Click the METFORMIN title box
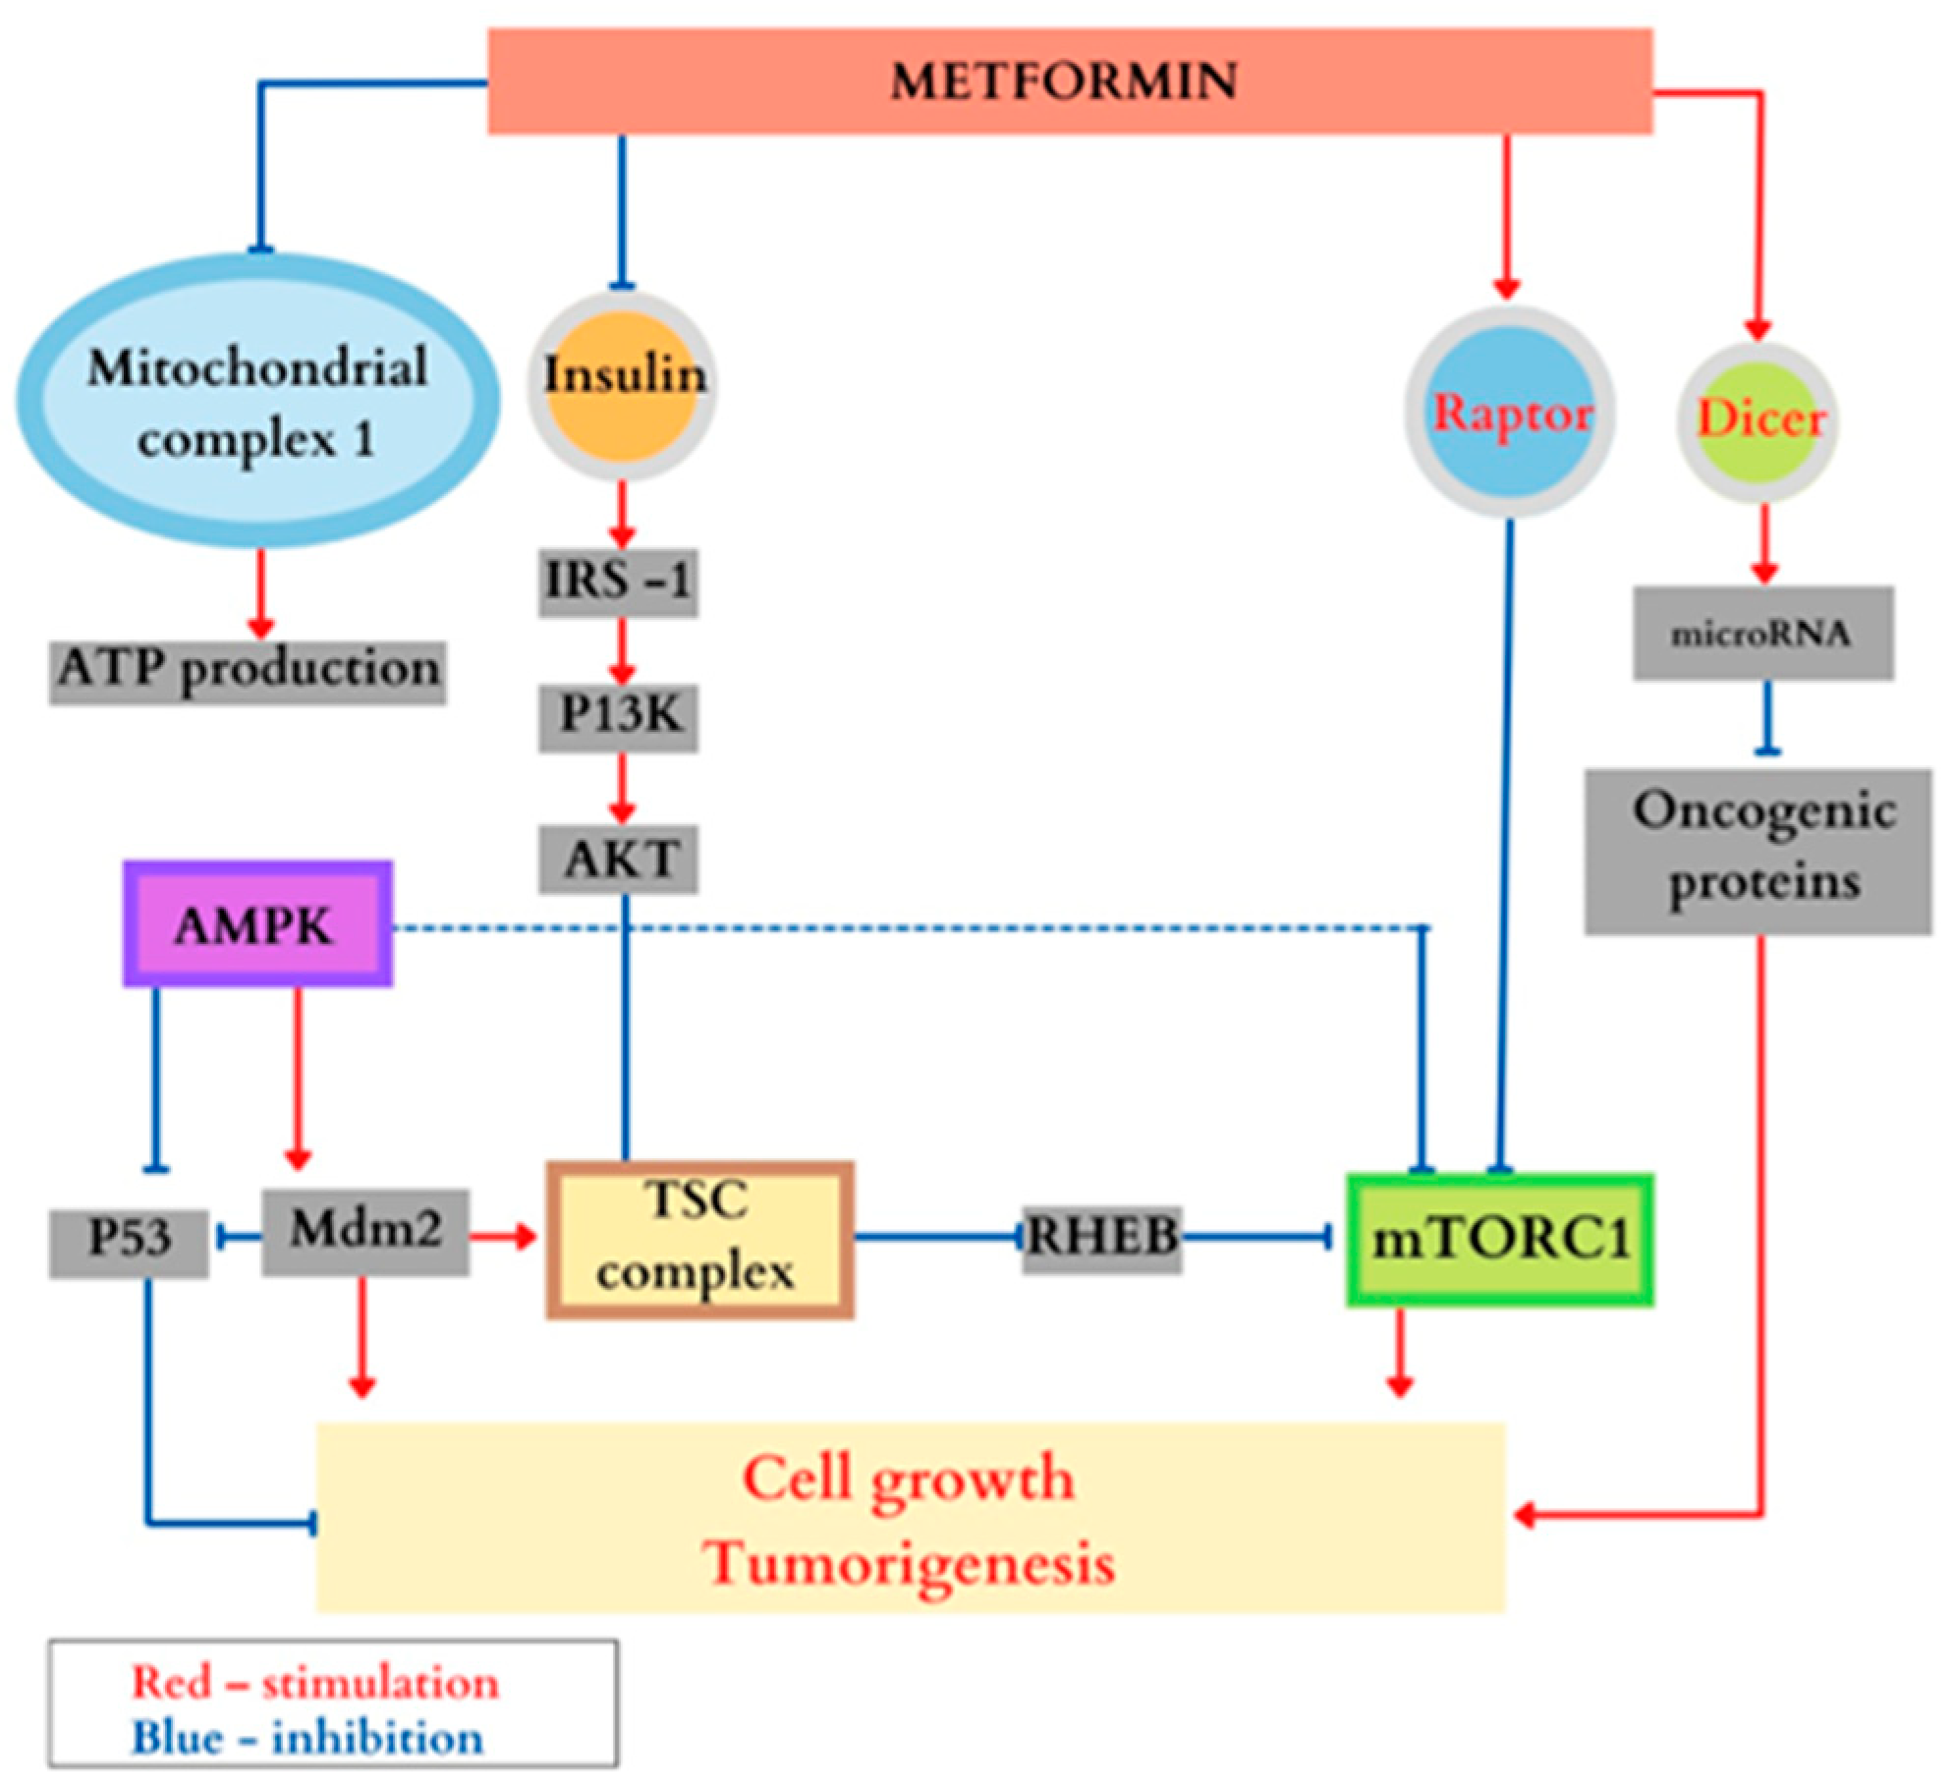pyautogui.click(x=1069, y=82)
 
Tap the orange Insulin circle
pyautogui.click(x=621, y=385)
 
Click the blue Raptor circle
pyautogui.click(x=1509, y=413)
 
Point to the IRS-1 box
pyautogui.click(x=618, y=583)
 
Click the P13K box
pyautogui.click(x=618, y=716)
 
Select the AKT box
pyautogui.click(x=618, y=860)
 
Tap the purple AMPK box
pyautogui.click(x=257, y=924)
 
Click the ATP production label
pyautogui.click(x=248, y=672)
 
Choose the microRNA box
pyautogui.click(x=1762, y=634)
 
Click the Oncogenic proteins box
pyautogui.click(x=1757, y=851)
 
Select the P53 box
pyautogui.click(x=129, y=1243)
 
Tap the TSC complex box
pyautogui.click(x=698, y=1240)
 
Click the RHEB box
pyautogui.click(x=1101, y=1239)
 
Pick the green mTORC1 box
pyautogui.click(x=1499, y=1240)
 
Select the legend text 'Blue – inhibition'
pyautogui.click(x=307, y=1738)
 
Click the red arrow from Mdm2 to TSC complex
pyautogui.click(x=502, y=1237)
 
